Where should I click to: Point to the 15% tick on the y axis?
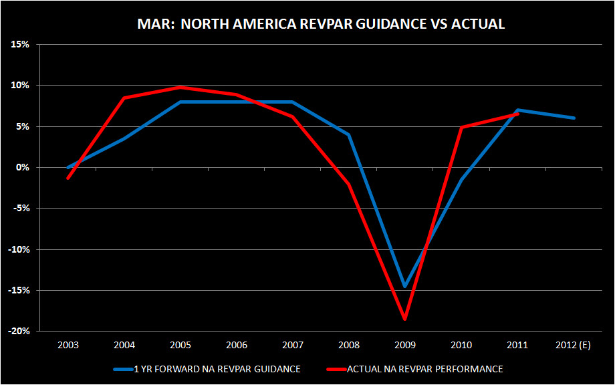tap(19, 44)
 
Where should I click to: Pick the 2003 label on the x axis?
tap(68, 346)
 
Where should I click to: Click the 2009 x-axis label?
tap(405, 346)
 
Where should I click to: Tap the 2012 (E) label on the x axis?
tap(573, 346)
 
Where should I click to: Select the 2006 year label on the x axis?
tap(237, 346)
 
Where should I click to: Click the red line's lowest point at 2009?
tap(405, 319)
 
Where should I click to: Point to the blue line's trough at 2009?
tap(405, 286)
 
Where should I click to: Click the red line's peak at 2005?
tap(180, 87)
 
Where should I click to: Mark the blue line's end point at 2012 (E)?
tap(574, 118)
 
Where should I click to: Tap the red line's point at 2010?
tap(461, 127)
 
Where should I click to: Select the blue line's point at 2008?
tap(349, 134)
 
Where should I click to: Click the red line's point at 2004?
tap(124, 98)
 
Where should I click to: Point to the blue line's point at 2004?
tap(124, 138)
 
